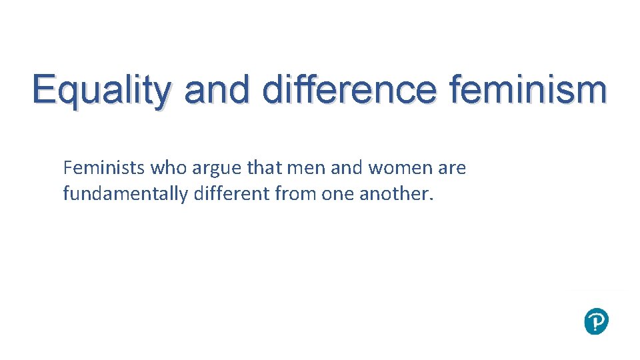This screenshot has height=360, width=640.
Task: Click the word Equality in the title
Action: coord(100,91)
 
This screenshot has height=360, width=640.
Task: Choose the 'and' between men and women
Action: coord(346,168)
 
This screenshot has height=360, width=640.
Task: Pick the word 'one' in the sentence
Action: coord(338,195)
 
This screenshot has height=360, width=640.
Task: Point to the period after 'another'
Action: coord(431,199)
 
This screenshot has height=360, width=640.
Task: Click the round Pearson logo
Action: coord(596,321)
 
